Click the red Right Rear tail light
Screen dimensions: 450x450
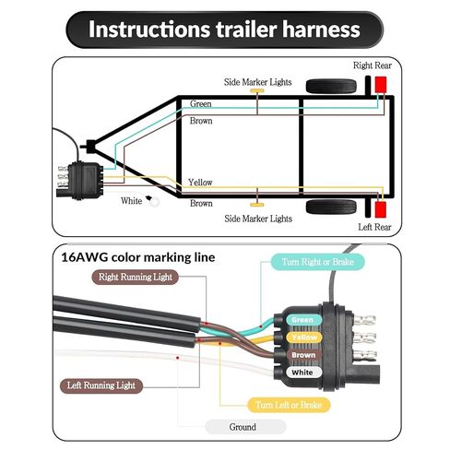click(x=381, y=85)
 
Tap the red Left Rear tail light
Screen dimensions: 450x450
click(x=381, y=209)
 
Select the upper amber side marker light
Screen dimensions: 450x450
click(x=257, y=90)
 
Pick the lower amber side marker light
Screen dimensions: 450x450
click(x=257, y=205)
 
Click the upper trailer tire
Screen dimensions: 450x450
click(x=331, y=87)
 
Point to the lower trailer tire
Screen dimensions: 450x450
click(x=331, y=207)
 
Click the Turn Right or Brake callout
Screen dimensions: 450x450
click(x=317, y=262)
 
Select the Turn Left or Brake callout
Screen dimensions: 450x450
click(x=289, y=405)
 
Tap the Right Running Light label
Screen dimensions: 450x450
click(x=136, y=278)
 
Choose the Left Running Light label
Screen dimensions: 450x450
click(x=101, y=385)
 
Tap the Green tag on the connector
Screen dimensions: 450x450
click(x=303, y=320)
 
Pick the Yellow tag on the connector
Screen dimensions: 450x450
click(x=303, y=337)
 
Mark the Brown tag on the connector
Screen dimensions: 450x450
click(x=303, y=355)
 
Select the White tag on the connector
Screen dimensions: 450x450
click(x=303, y=373)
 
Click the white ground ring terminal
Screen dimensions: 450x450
click(x=155, y=202)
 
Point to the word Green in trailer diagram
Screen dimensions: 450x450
click(x=200, y=104)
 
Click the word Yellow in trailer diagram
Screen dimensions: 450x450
click(x=200, y=183)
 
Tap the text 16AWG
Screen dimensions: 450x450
click(x=84, y=257)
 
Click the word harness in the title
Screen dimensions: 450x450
click(x=321, y=30)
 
